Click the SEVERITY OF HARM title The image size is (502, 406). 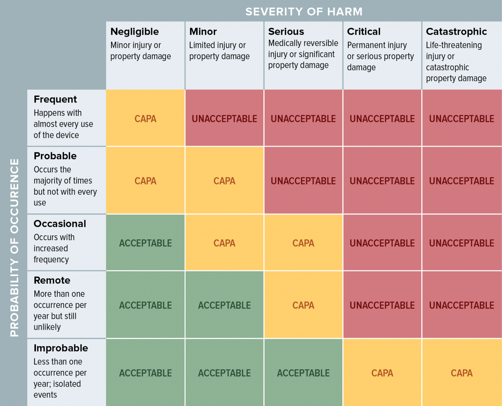tap(304, 12)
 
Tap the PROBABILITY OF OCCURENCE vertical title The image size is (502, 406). tap(14, 247)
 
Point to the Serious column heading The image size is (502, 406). tap(286, 32)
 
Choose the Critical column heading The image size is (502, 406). tap(364, 32)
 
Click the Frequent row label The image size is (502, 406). tap(55, 99)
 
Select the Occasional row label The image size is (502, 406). tap(60, 224)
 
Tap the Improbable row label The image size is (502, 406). tap(61, 348)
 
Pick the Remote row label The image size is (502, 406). tap(52, 281)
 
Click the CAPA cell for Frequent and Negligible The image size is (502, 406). tap(145, 119)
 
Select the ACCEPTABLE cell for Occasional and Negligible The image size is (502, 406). tap(145, 243)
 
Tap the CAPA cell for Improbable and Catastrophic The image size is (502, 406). tap(461, 373)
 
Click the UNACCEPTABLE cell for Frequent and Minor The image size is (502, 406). tap(224, 119)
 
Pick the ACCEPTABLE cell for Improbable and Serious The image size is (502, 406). tap(303, 373)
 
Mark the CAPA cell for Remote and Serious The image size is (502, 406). tap(303, 305)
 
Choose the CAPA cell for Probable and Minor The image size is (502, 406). tap(224, 181)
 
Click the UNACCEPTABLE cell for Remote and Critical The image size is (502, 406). tap(382, 305)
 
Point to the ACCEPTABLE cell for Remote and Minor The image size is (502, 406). tap(224, 305)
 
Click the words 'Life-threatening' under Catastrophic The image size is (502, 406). tap(454, 45)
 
